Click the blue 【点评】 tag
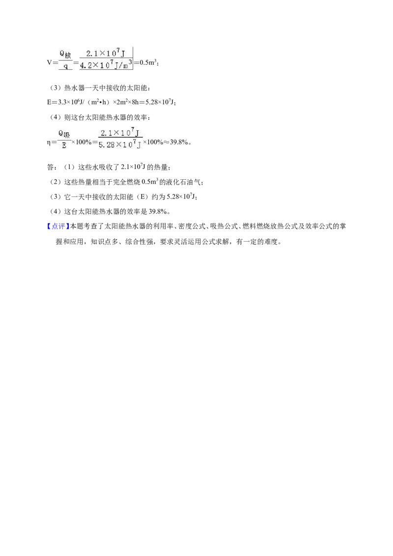[x=58, y=226]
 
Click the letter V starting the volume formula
[x=49, y=63]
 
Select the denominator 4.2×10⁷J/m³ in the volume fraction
[x=106, y=65]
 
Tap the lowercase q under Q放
[x=66, y=66]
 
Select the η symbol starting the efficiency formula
[x=49, y=142]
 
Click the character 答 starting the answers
[x=50, y=167]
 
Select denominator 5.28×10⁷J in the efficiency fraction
[x=120, y=145]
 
